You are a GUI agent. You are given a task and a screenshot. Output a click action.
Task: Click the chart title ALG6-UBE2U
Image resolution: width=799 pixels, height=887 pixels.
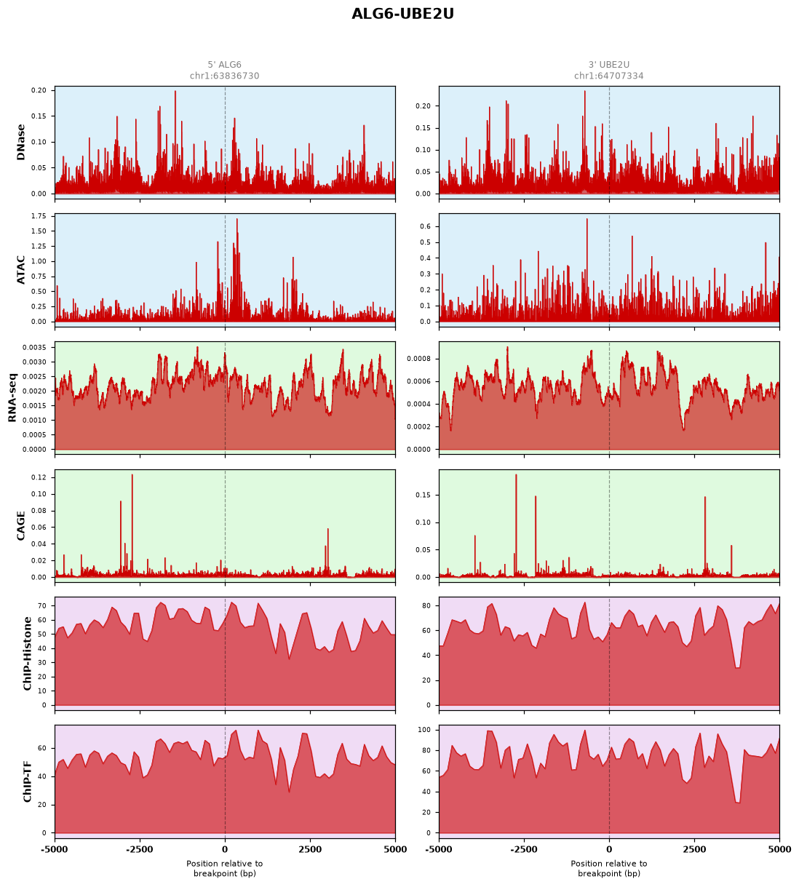[x=402, y=14]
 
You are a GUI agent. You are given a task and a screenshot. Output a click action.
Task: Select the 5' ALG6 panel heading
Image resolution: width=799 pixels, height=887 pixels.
[x=224, y=65]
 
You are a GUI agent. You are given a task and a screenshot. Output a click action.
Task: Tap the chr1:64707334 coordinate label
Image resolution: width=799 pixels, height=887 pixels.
[x=609, y=76]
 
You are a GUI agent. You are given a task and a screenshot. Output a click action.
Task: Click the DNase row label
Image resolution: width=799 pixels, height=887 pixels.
[x=20, y=142]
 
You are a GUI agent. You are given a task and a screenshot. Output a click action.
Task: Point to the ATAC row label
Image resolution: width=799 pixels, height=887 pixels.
[x=20, y=270]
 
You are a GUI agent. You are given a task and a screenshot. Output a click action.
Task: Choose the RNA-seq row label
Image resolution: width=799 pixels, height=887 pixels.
[x=12, y=397]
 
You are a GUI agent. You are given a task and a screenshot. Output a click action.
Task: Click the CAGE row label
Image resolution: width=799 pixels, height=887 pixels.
[x=20, y=526]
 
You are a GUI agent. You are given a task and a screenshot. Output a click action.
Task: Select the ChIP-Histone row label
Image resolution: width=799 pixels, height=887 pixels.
[x=27, y=653]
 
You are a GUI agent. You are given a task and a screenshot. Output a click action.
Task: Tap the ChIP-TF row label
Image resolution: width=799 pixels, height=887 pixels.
[x=27, y=781]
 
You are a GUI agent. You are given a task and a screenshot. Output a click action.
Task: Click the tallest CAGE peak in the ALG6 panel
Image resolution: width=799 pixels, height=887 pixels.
[x=132, y=475]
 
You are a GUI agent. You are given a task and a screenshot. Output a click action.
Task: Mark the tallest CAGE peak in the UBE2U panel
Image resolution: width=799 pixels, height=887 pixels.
[x=516, y=475]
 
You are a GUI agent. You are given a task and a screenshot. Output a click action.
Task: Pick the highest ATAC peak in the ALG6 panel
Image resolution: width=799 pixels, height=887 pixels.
[x=236, y=219]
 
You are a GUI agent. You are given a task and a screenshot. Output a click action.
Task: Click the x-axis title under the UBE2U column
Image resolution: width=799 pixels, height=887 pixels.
[x=609, y=868]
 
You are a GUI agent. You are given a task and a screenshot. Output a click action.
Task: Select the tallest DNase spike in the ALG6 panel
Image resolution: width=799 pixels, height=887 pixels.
[x=175, y=91]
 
